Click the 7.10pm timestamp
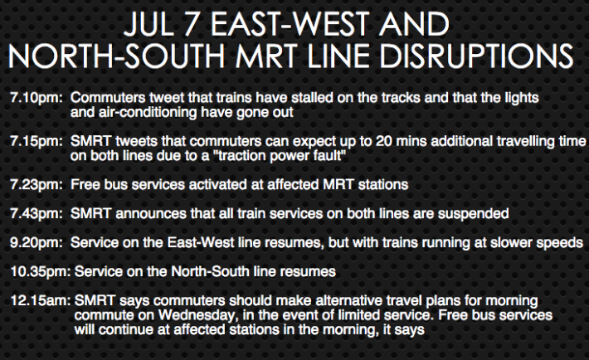tap(37, 98)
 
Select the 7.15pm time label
tap(37, 142)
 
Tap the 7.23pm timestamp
tap(37, 185)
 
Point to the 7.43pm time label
tap(37, 214)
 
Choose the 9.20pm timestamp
tap(37, 243)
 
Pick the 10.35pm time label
tap(41, 272)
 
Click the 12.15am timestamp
tap(41, 300)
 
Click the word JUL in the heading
tap(148, 24)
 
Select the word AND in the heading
tap(414, 24)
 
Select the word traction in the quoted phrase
tap(246, 156)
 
